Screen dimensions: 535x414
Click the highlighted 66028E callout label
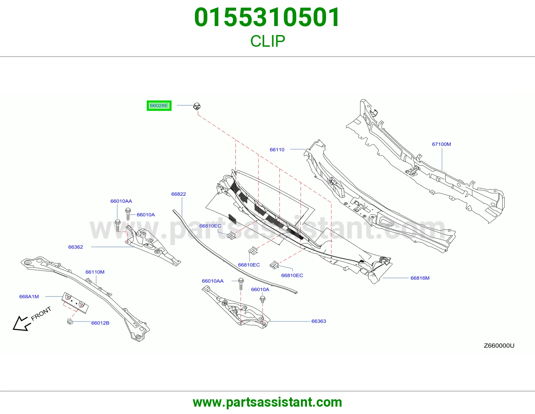[x=159, y=106]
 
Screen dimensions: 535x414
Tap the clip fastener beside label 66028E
[x=197, y=106]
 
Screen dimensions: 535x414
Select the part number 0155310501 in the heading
[x=267, y=17]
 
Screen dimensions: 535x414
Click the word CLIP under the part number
[x=267, y=41]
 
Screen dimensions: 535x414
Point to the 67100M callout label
[x=441, y=144]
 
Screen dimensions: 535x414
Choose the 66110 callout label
[x=277, y=150]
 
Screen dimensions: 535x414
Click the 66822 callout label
[x=179, y=194]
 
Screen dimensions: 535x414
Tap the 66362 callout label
[x=76, y=247]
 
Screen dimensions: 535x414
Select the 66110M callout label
[x=95, y=272]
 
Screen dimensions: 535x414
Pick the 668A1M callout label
[x=29, y=296]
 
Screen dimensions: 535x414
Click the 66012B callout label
[x=100, y=323]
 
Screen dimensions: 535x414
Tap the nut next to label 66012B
[x=70, y=321]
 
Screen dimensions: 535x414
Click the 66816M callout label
[x=420, y=278]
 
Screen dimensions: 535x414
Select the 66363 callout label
[x=319, y=321]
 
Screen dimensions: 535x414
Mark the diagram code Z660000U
[x=499, y=346]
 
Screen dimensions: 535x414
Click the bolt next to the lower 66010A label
[x=262, y=299]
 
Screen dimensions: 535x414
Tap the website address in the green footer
[x=267, y=402]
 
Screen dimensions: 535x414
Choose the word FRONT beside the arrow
[x=41, y=314]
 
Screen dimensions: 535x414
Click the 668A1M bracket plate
[x=75, y=303]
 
